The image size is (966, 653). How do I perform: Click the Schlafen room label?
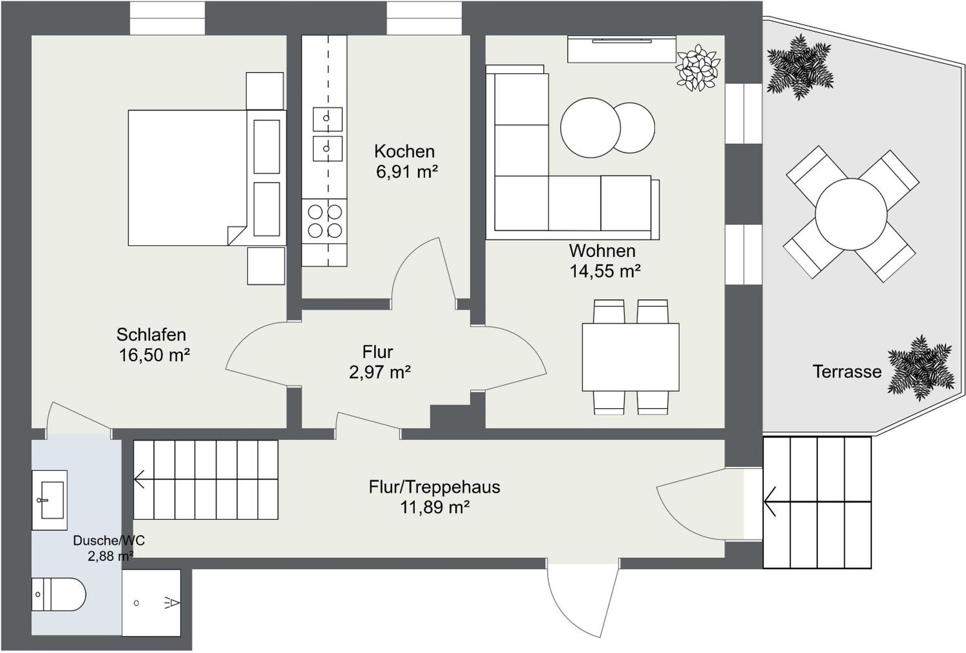[151, 335]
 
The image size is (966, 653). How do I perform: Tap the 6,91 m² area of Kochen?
[407, 172]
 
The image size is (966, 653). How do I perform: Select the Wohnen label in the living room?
[602, 251]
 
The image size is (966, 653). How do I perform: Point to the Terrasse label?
[847, 372]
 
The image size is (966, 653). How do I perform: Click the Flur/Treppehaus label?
[434, 487]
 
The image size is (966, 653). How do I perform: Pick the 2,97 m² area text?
[380, 372]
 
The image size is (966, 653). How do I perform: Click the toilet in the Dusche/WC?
[59, 594]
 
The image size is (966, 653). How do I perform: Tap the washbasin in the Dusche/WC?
[50, 500]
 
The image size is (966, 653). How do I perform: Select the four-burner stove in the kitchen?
[324, 221]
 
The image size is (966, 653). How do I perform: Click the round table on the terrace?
[851, 214]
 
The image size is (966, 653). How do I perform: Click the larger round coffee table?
[590, 128]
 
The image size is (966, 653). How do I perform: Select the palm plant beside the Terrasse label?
[921, 368]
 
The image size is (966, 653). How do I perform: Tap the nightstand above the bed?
[265, 91]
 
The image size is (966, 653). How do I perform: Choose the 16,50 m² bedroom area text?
[154, 355]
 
